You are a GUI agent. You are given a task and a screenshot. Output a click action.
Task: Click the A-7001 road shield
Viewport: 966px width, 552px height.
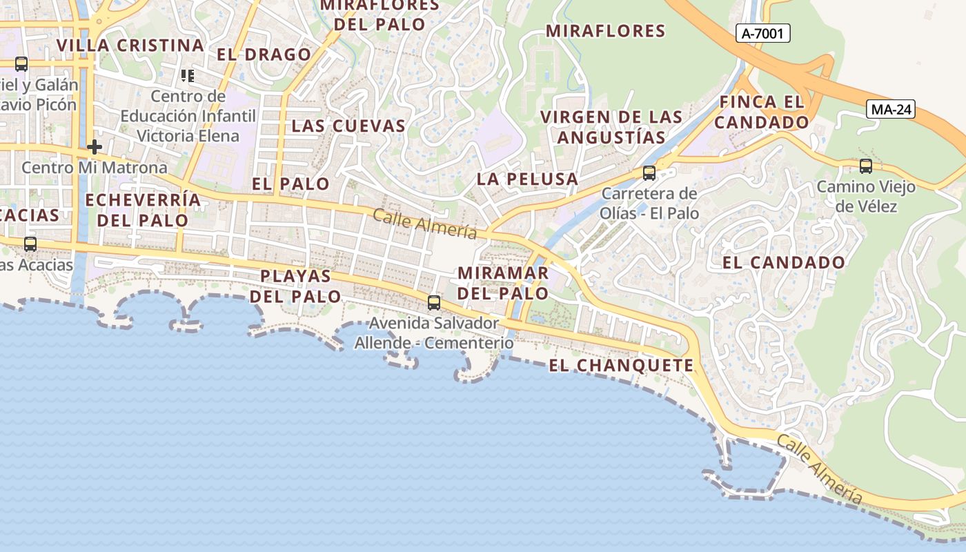tap(762, 33)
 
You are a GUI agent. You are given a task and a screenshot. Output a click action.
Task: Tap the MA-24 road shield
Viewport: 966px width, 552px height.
tap(891, 109)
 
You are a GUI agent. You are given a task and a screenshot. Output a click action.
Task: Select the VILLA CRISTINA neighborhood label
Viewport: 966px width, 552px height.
tap(130, 46)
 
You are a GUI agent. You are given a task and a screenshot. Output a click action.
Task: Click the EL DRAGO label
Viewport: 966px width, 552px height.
tap(264, 55)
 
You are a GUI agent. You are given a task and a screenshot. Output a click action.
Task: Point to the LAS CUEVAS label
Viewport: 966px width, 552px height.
tap(348, 126)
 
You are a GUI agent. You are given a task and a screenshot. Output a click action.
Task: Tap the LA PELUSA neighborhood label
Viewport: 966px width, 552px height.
tap(528, 179)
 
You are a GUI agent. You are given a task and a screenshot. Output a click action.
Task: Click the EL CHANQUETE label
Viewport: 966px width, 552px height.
tap(621, 365)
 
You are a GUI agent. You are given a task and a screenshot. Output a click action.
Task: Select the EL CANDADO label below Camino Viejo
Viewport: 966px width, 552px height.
tap(783, 262)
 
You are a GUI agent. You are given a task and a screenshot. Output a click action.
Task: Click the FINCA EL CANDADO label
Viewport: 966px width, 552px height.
tap(762, 112)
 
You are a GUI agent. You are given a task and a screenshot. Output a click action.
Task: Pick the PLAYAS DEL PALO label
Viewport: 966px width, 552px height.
tap(295, 286)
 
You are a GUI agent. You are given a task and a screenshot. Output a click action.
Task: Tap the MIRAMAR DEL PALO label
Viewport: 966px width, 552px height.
tap(503, 283)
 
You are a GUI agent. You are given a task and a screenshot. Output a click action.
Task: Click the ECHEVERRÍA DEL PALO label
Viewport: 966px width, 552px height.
tap(143, 210)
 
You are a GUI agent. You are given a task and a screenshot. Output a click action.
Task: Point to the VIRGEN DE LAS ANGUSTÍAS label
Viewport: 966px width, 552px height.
tap(611, 126)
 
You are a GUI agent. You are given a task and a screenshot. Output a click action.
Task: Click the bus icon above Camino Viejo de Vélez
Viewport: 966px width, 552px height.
tap(865, 166)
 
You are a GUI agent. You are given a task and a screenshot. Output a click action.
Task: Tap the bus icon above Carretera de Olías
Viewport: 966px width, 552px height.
tap(649, 172)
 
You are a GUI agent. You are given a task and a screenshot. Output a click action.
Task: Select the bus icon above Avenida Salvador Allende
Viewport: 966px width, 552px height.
tap(433, 302)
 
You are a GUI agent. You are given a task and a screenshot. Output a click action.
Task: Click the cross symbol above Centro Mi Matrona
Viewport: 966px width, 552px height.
tap(95, 147)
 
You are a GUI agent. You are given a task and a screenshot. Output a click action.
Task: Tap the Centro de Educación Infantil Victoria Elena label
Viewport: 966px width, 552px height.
tap(188, 115)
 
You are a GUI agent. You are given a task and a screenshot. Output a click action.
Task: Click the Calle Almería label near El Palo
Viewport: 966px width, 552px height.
tap(425, 224)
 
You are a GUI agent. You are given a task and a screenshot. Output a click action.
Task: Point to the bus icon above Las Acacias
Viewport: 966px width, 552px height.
tap(30, 244)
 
